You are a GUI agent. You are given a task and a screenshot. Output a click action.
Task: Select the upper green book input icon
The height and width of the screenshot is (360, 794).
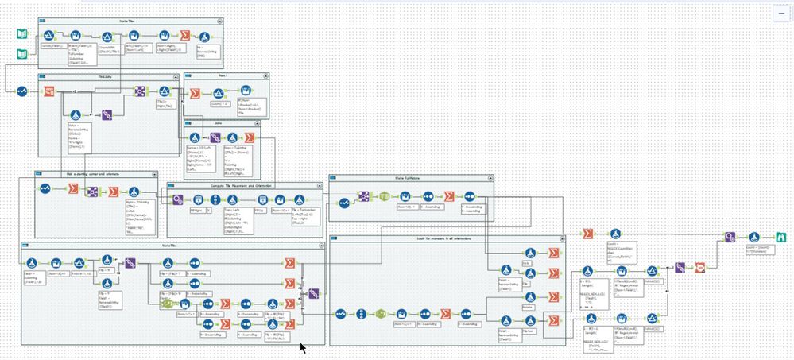[23, 34]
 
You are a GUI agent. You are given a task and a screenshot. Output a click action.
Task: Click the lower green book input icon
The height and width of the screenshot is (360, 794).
[23, 54]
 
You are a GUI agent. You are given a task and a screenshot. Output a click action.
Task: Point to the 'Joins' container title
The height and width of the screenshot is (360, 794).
[218, 123]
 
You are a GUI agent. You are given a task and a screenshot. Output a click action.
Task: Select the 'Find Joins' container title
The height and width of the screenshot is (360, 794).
[104, 76]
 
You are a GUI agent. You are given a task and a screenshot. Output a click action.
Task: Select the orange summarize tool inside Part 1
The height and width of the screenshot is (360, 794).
[195, 93]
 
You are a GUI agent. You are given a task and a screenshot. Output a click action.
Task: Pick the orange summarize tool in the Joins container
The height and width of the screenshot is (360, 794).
[230, 137]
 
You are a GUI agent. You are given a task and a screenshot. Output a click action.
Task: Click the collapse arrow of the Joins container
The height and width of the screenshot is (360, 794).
[188, 123]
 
